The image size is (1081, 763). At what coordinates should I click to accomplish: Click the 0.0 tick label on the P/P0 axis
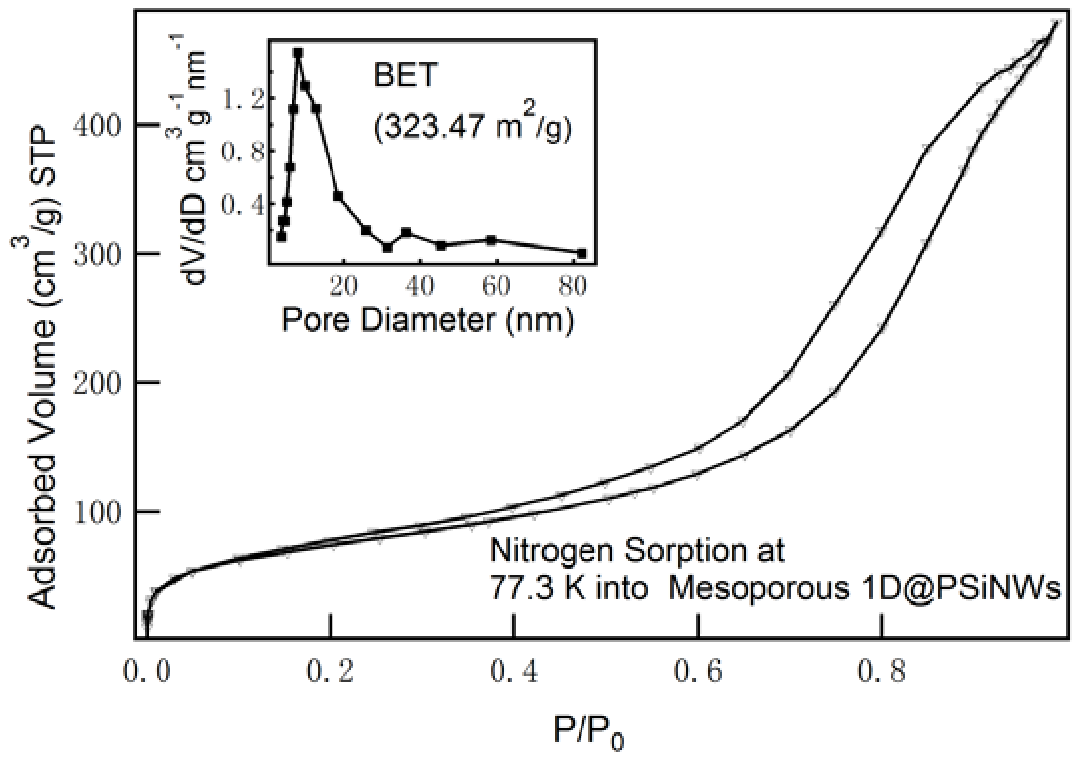tap(146, 672)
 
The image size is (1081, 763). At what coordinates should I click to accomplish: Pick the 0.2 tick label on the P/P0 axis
tap(330, 672)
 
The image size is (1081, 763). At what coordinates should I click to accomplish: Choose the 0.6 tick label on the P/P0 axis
tap(698, 672)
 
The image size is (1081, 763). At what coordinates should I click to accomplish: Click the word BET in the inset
tap(405, 76)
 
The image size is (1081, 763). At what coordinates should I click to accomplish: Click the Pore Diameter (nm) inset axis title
tap(427, 320)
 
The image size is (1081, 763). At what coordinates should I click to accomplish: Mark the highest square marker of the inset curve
tap(298, 52)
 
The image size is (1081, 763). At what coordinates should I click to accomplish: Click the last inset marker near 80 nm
tap(582, 253)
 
